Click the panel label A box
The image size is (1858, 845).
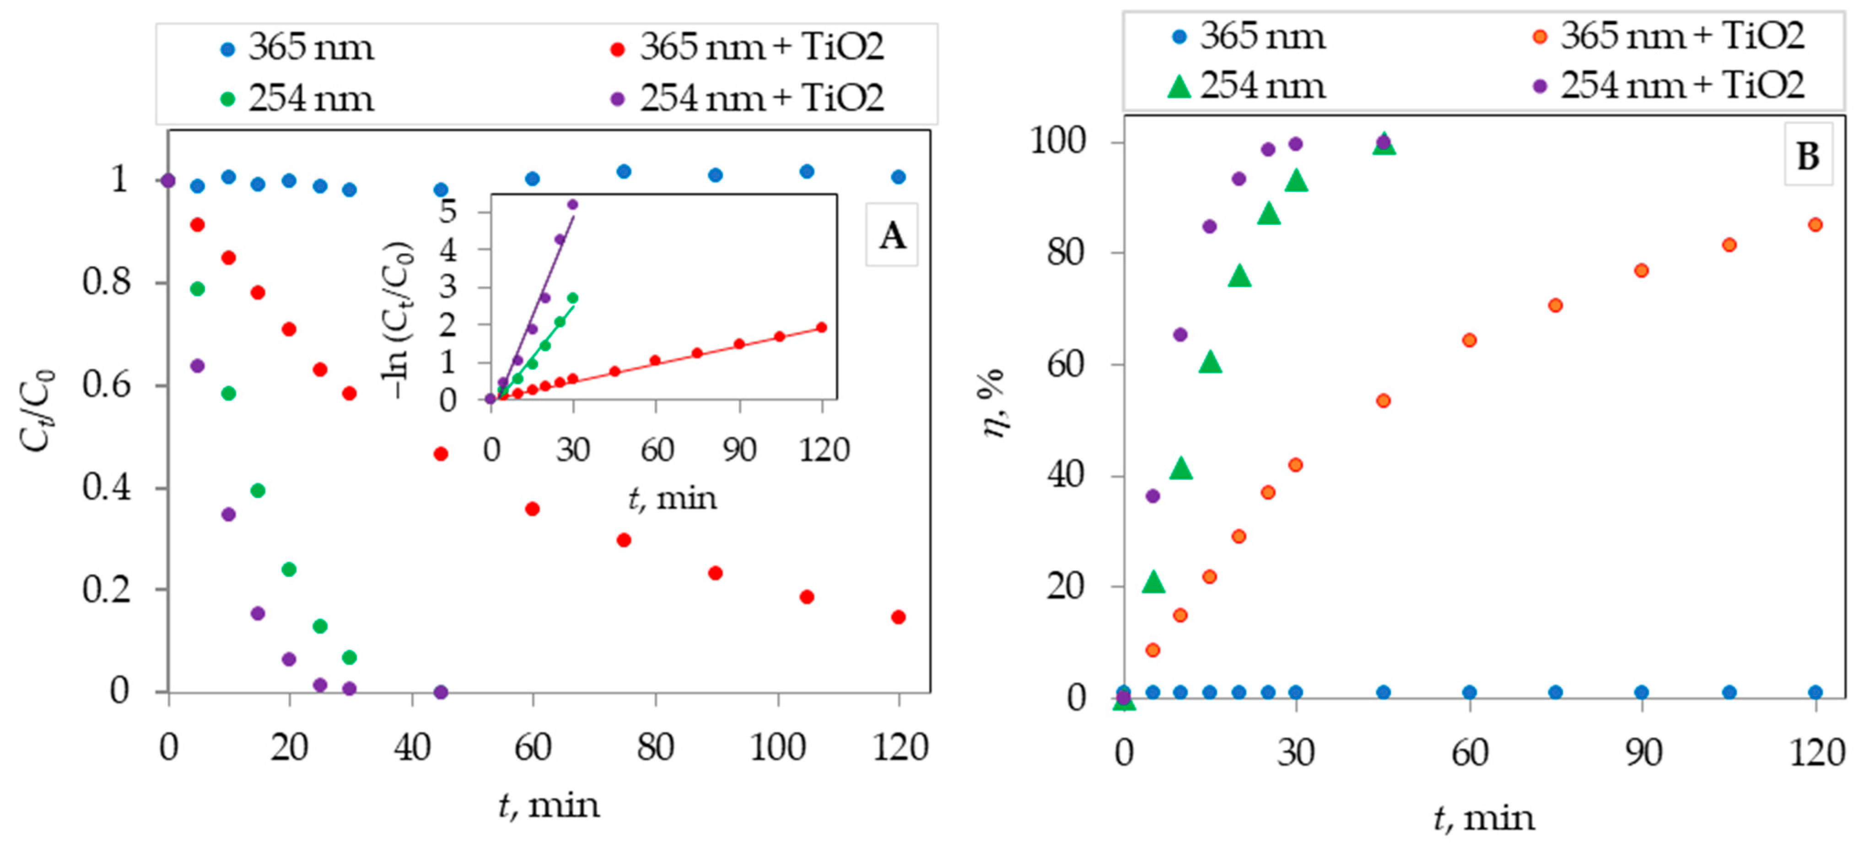tap(892, 236)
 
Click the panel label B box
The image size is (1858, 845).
tap(1808, 155)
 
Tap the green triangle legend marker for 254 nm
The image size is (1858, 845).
tap(1179, 87)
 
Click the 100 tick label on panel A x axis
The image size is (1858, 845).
tap(777, 747)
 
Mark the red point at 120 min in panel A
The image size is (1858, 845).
tap(898, 617)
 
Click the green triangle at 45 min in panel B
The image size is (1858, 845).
tap(1384, 144)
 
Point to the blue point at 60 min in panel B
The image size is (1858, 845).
tap(1469, 692)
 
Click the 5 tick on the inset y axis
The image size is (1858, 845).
tap(449, 212)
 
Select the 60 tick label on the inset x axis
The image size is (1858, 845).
tap(657, 450)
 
